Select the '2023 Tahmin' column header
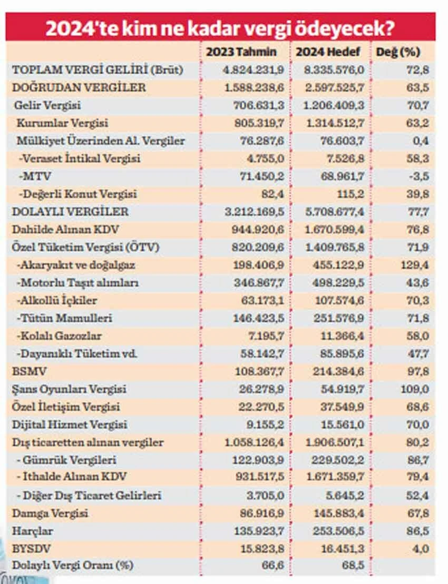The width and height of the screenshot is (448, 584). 241,52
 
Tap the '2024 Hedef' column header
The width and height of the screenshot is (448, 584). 328,52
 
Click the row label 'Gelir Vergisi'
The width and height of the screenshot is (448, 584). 47,105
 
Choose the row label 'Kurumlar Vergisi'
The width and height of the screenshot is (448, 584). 62,123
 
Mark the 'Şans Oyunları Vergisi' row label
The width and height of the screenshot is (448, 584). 69,389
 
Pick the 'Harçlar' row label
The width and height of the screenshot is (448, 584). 33,531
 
